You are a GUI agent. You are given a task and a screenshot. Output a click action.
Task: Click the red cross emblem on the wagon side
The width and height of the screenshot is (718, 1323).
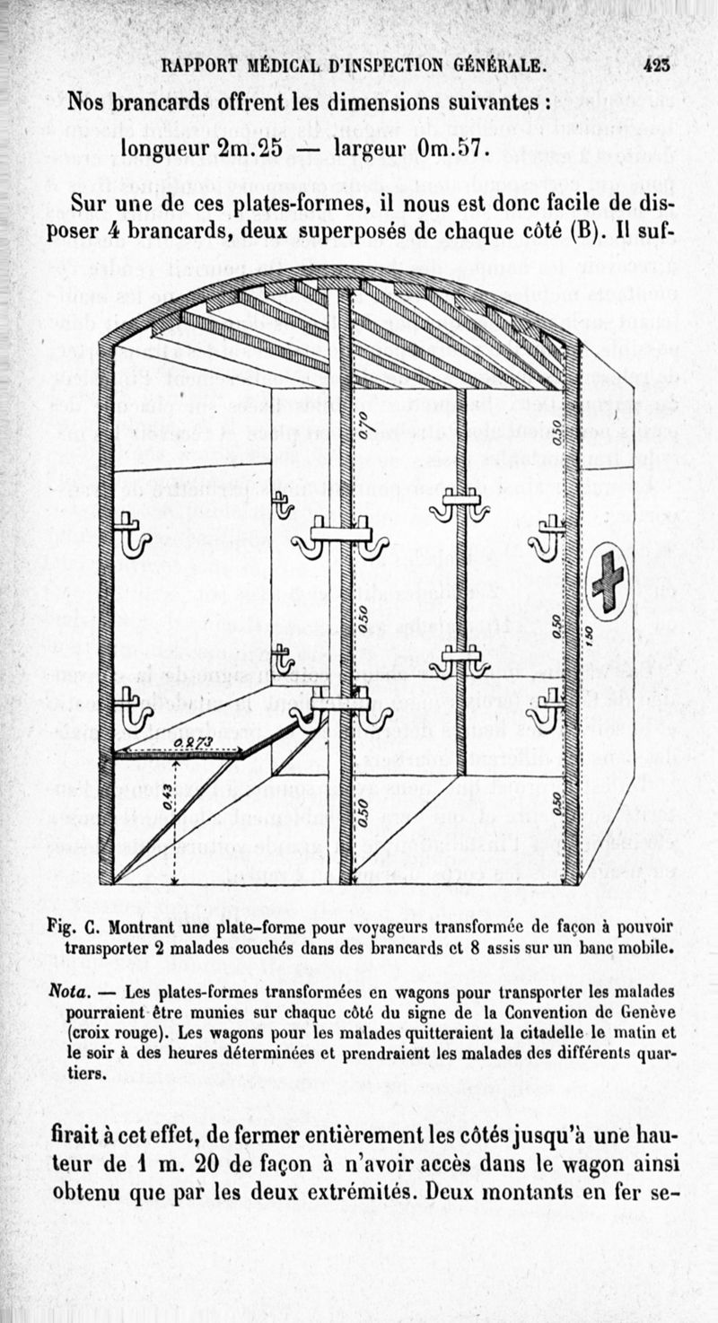click(608, 581)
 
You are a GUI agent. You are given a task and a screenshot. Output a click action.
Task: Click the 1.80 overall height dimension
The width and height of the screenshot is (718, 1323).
click(587, 634)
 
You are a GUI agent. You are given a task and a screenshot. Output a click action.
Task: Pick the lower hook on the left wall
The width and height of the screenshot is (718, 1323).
click(131, 707)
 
